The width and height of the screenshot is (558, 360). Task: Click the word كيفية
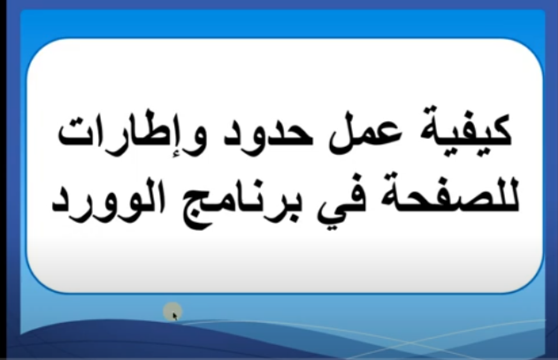466,132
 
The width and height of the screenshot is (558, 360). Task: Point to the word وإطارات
131,133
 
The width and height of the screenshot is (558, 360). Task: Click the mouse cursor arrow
175,316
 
